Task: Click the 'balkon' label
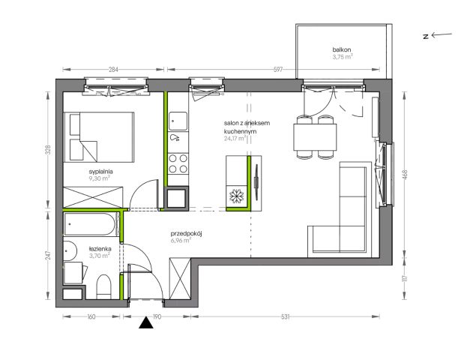click(342, 49)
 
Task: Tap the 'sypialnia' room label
click(100, 172)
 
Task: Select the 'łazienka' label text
click(100, 249)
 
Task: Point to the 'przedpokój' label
click(186, 233)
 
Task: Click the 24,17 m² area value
click(235, 139)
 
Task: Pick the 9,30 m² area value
click(99, 178)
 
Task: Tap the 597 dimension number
click(278, 70)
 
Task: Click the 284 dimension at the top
click(113, 70)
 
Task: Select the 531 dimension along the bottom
click(285, 316)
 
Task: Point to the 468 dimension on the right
click(405, 175)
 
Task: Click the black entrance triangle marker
click(146, 322)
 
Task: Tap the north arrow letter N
click(426, 37)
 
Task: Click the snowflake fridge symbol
click(236, 196)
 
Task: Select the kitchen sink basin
click(178, 121)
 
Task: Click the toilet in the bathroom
click(103, 286)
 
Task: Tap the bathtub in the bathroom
click(90, 224)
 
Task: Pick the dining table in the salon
click(315, 137)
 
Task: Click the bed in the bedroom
click(99, 137)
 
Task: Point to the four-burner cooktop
click(178, 163)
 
